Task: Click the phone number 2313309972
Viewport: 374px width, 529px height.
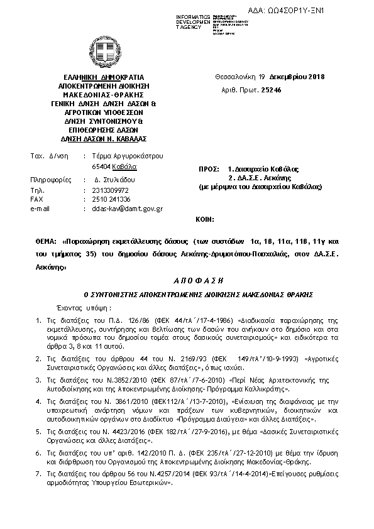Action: (x=110, y=190)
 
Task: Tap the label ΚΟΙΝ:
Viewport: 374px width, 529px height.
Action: (x=205, y=220)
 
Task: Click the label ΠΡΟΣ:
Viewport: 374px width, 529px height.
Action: (x=208, y=170)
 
